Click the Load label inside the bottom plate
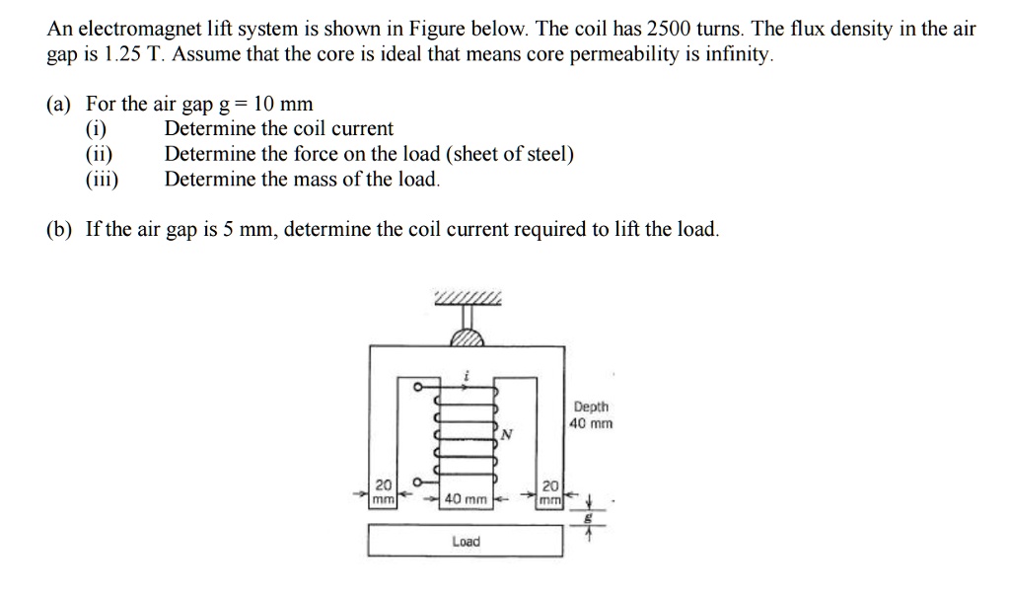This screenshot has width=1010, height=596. coord(466,542)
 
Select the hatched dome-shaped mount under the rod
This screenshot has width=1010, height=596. coord(468,337)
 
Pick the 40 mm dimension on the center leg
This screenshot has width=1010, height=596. coord(466,499)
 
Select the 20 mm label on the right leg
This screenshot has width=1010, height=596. coord(550,492)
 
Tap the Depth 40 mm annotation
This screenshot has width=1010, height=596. coord(591,414)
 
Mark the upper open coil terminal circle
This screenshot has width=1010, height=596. coord(418,387)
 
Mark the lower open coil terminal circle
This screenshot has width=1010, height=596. coord(418,483)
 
